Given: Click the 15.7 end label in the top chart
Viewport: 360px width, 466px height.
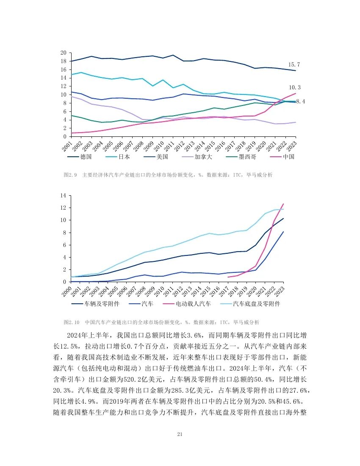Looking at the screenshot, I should coord(294,64).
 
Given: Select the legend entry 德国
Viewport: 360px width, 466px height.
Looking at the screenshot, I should coord(86,157).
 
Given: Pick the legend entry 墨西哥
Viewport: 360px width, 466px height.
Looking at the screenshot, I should coord(245,157).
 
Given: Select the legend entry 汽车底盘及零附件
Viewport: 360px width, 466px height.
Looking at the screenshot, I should coord(256,304).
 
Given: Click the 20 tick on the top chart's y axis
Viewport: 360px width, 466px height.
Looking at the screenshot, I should coord(64,53).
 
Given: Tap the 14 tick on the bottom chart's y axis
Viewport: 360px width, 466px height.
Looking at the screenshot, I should coord(64,195).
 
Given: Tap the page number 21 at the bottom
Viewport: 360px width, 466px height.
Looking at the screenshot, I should coord(180,434).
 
